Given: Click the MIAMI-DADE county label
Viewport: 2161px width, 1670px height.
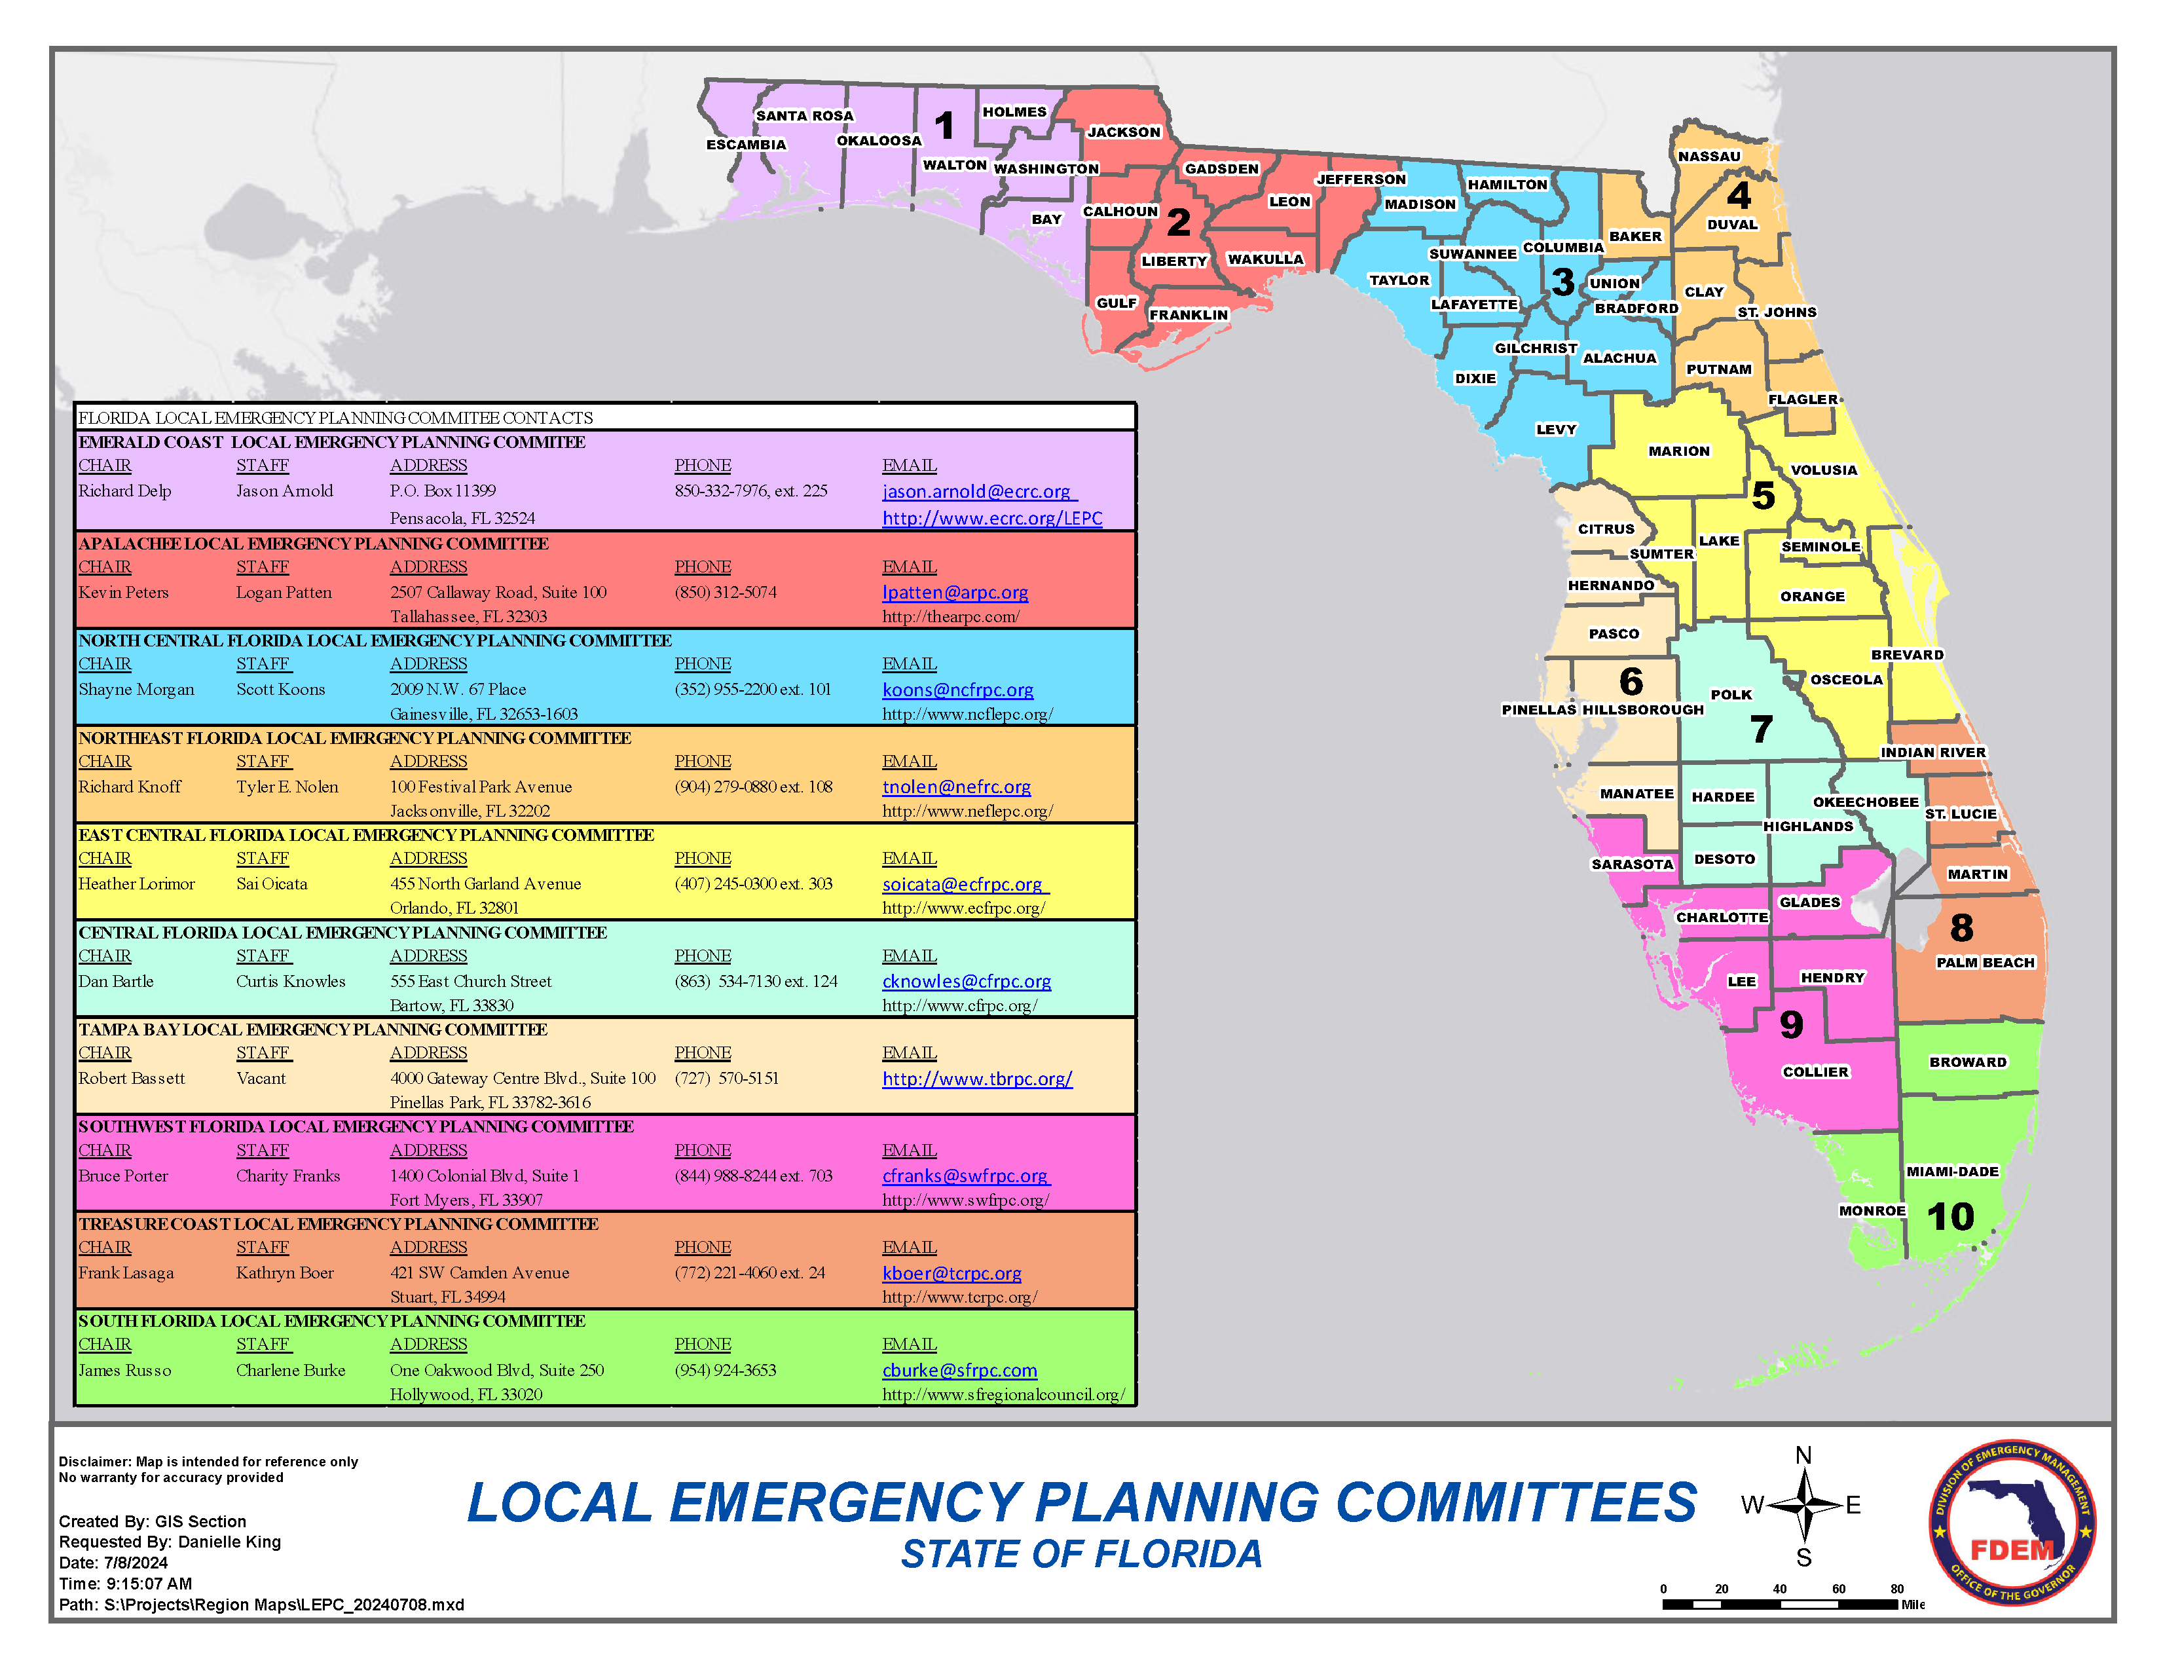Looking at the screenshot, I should [1951, 1172].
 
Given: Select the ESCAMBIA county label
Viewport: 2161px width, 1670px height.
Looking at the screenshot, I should [745, 145].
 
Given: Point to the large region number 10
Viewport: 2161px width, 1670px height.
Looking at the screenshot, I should [1950, 1216].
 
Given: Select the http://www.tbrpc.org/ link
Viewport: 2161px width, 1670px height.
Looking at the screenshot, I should [976, 1079].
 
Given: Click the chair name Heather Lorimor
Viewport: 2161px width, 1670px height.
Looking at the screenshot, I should [137, 883].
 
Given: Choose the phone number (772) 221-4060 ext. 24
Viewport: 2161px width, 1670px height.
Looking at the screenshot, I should [749, 1272].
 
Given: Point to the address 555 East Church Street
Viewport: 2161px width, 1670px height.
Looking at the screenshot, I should [470, 980].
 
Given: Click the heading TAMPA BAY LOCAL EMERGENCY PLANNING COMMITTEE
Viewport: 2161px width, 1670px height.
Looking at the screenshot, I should [312, 1029].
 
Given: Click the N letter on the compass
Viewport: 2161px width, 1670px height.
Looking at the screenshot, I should [1803, 1455].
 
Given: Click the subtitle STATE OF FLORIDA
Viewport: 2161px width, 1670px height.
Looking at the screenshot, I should [1080, 1554].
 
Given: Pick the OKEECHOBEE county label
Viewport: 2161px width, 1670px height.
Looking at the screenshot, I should [1864, 802].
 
